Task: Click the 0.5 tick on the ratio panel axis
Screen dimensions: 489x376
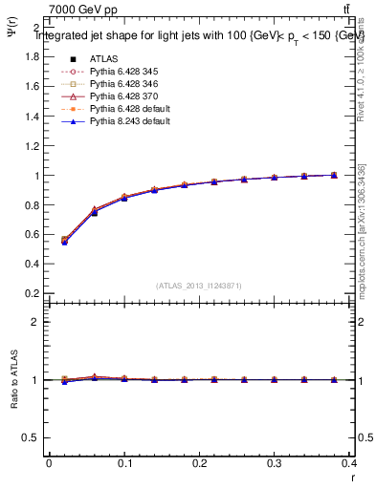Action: point(33,437)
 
